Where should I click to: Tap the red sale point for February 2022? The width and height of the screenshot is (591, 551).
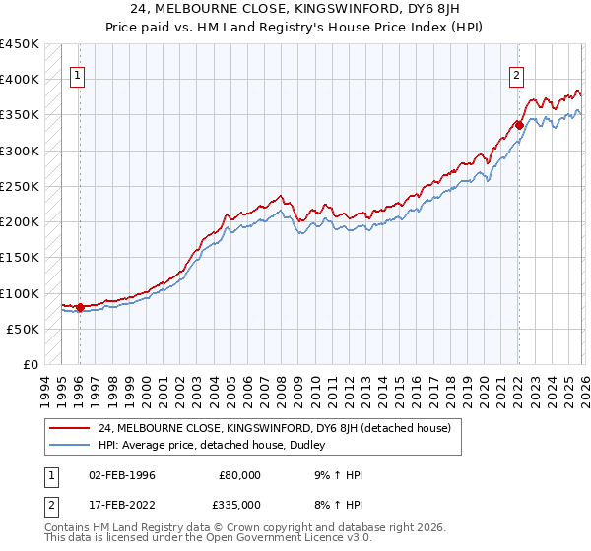coord(518,125)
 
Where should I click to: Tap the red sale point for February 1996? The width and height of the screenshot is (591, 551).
coord(80,307)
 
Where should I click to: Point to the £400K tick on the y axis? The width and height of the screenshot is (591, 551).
coord(20,80)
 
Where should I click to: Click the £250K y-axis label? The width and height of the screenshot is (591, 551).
coord(20,186)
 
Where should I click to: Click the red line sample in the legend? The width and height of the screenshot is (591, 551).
coord(70,428)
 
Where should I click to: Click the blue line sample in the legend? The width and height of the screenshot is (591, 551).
coord(70,445)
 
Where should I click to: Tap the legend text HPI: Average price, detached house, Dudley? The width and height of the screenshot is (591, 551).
coord(212,445)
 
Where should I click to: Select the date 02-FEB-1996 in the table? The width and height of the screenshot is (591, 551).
coord(121,475)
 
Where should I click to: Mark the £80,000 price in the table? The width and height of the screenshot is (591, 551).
coord(238,475)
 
